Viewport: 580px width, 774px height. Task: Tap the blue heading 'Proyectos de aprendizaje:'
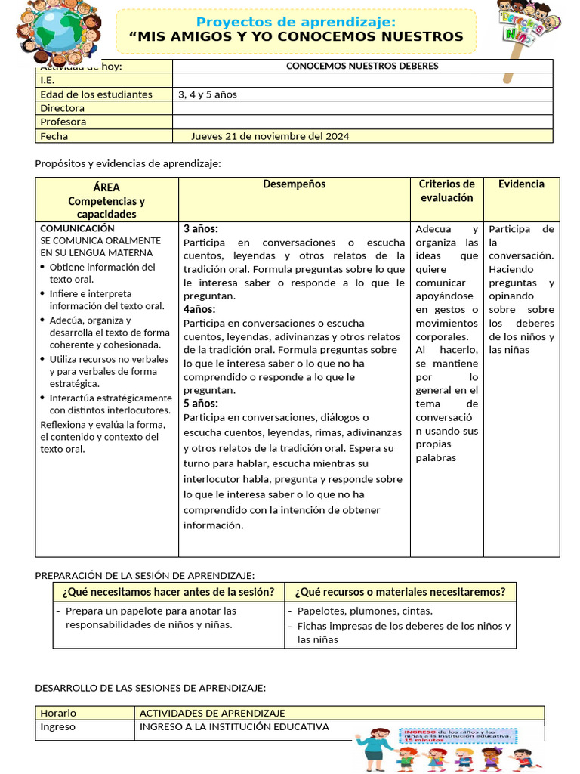[295, 22]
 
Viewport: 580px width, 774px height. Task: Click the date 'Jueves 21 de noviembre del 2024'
[270, 136]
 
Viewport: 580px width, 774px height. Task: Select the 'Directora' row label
[63, 108]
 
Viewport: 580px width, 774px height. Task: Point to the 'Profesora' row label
[63, 122]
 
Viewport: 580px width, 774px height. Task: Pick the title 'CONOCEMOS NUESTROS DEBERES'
[362, 66]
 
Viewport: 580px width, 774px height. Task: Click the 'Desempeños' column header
[295, 184]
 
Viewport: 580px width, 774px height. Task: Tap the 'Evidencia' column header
[521, 184]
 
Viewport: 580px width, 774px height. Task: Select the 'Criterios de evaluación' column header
[446, 191]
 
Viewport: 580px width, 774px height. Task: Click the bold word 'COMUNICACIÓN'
[77, 228]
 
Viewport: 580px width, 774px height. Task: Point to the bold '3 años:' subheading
[201, 228]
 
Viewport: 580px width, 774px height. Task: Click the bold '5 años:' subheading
[201, 404]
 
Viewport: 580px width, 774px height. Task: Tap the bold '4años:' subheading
[199, 309]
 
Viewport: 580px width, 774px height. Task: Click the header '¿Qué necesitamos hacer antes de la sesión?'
[168, 592]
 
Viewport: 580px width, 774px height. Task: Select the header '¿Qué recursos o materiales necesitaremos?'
[400, 592]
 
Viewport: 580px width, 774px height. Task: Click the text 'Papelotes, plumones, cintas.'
[365, 611]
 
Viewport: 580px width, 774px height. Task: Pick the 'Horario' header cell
[58, 713]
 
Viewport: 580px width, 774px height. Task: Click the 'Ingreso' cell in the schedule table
[58, 727]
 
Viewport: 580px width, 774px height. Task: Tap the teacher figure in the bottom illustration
[375, 745]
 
